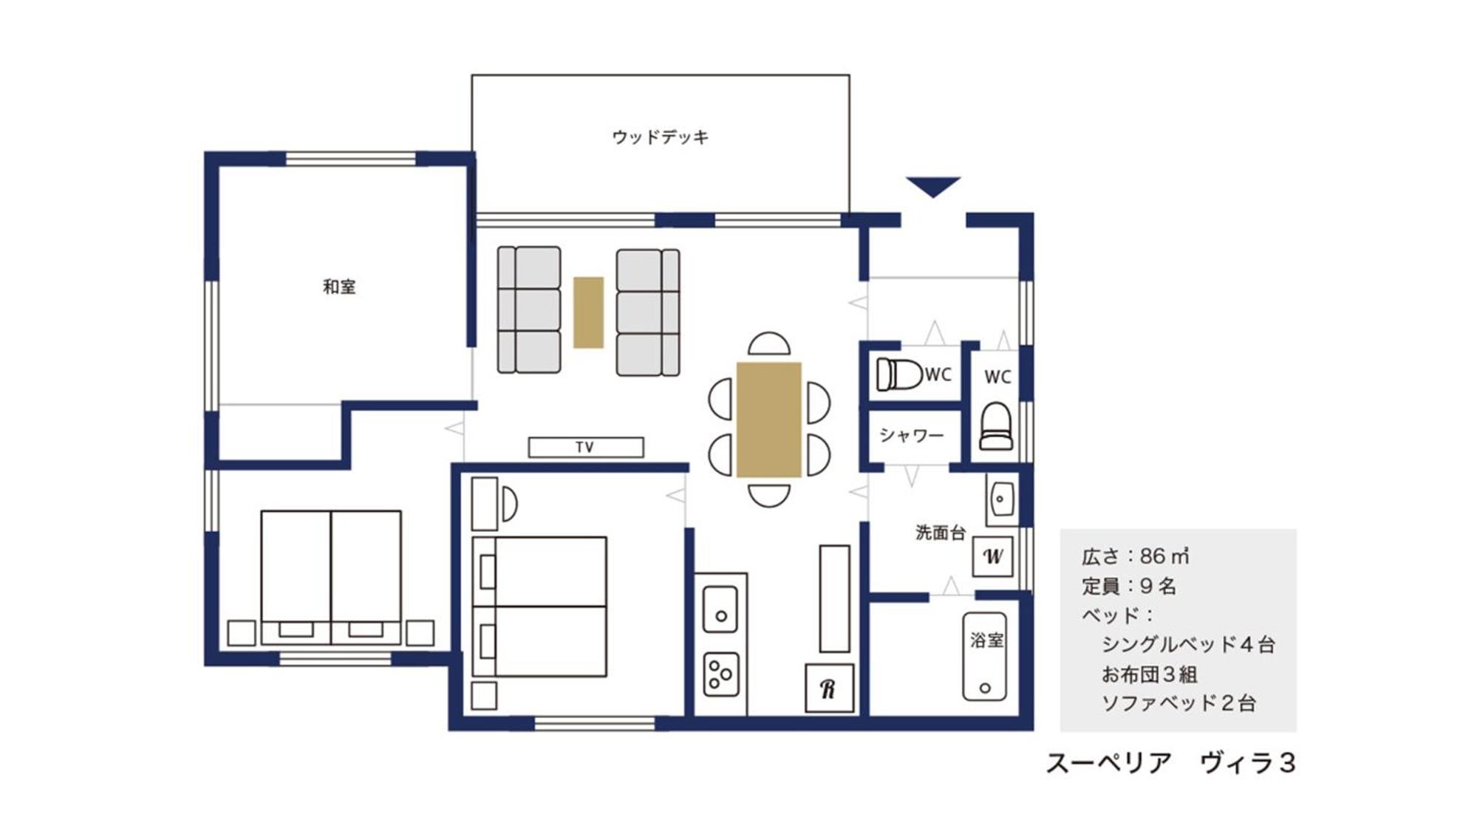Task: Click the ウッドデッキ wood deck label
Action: click(660, 137)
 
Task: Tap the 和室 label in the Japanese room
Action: click(339, 287)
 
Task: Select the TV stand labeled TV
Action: click(585, 447)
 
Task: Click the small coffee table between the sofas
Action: click(588, 312)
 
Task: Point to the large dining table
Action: click(768, 419)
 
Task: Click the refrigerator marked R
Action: click(829, 688)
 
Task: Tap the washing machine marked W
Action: click(992, 556)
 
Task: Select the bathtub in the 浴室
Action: click(984, 656)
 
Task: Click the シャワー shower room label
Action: click(911, 435)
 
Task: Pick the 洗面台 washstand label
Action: click(940, 532)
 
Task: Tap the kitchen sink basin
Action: click(720, 609)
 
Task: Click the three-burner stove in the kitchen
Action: click(720, 674)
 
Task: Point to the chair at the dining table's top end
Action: click(768, 344)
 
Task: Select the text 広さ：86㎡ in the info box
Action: click(1135, 556)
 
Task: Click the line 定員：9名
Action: click(1129, 587)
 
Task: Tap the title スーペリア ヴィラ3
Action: click(1170, 763)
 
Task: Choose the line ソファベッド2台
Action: click(1178, 703)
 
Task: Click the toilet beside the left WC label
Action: click(899, 374)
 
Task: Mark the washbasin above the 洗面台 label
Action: click(1000, 499)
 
